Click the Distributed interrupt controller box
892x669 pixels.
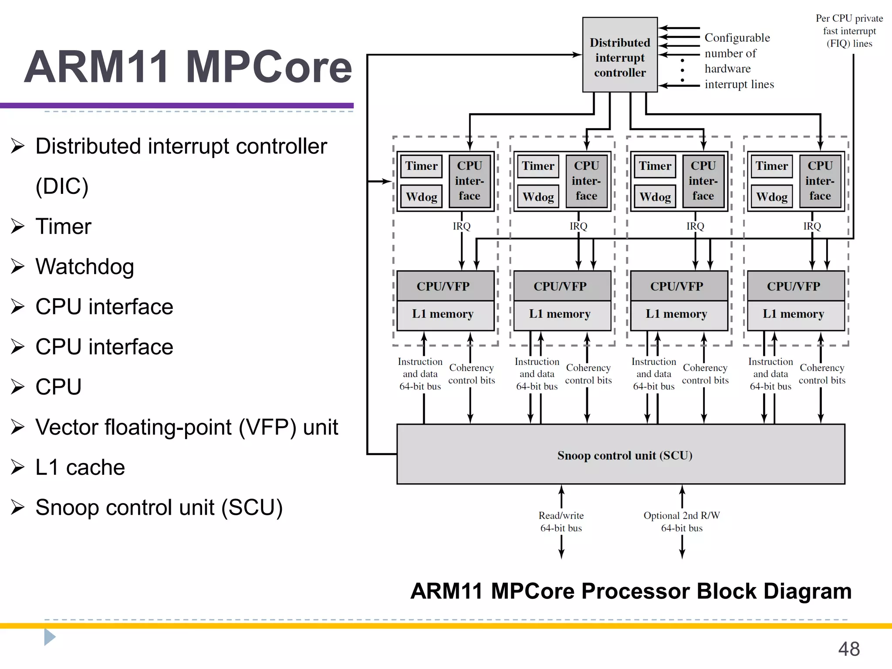point(619,55)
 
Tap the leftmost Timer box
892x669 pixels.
point(421,166)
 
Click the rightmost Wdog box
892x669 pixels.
point(771,197)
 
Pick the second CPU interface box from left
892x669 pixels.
point(586,181)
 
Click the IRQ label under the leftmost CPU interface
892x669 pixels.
point(461,226)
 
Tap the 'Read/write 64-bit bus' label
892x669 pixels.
point(561,521)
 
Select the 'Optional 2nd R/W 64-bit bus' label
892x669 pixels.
point(682,521)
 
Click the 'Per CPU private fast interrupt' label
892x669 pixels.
point(849,31)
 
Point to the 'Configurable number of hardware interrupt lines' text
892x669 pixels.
point(739,61)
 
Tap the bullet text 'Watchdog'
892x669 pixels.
point(84,267)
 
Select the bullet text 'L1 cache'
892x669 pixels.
point(80,467)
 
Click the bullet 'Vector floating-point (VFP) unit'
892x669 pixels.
point(186,427)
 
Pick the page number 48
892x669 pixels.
point(848,649)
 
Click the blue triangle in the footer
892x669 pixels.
point(49,637)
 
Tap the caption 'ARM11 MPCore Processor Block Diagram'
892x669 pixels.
point(631,591)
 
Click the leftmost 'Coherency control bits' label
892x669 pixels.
point(471,374)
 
